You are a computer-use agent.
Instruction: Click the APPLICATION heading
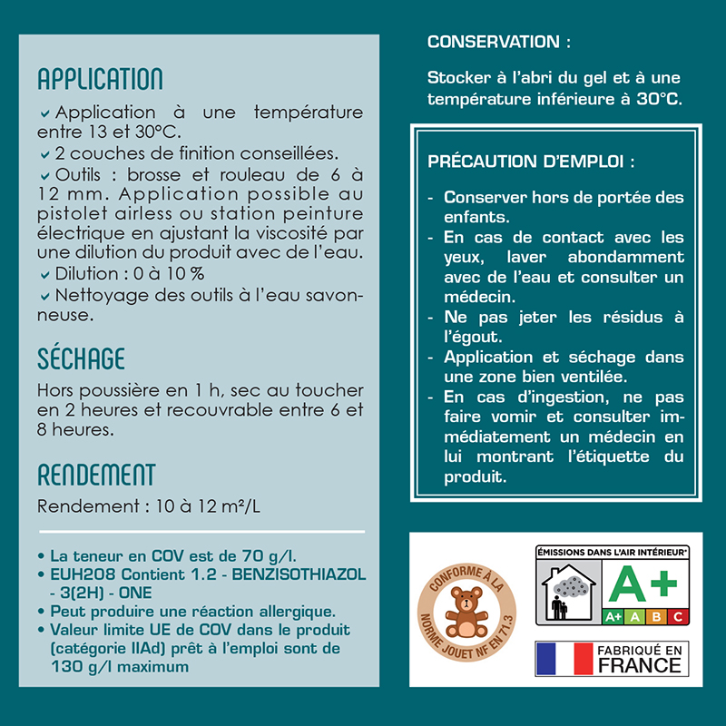tap(100, 79)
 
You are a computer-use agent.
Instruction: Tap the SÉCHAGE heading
tap(81, 358)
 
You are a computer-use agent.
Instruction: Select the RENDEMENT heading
tap(96, 475)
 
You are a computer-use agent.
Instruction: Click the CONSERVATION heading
tap(499, 42)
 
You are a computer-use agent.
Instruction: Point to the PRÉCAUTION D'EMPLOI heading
tap(531, 162)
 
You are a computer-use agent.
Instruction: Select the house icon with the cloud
tap(568, 591)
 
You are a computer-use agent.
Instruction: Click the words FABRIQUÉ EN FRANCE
tap(638, 659)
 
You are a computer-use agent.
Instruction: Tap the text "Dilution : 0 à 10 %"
tap(130, 273)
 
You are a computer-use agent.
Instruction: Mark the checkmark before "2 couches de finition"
tap(44, 153)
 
